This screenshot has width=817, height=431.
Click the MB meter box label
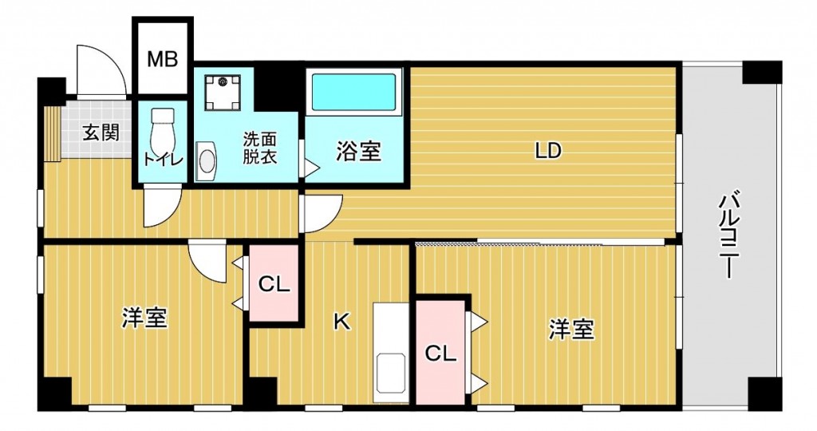(x=162, y=59)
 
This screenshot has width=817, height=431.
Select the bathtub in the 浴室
(x=353, y=93)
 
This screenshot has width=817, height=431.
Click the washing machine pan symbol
(x=223, y=93)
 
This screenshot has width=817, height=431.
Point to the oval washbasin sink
(x=207, y=161)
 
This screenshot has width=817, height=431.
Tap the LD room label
(x=548, y=151)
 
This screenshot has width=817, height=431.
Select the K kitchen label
(x=341, y=322)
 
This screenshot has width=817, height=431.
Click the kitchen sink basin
(x=390, y=373)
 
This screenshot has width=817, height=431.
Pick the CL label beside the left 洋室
(x=274, y=285)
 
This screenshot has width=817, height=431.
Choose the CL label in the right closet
(x=440, y=354)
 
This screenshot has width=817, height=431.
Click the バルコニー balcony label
(x=729, y=235)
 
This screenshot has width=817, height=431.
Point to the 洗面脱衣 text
(x=259, y=148)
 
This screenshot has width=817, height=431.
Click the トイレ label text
(x=163, y=160)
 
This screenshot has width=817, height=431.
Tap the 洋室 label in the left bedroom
(x=145, y=318)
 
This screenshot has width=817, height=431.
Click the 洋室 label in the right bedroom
(x=571, y=330)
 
